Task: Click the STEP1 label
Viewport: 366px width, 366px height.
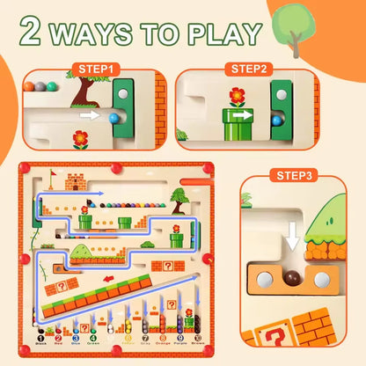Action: (97, 68)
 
